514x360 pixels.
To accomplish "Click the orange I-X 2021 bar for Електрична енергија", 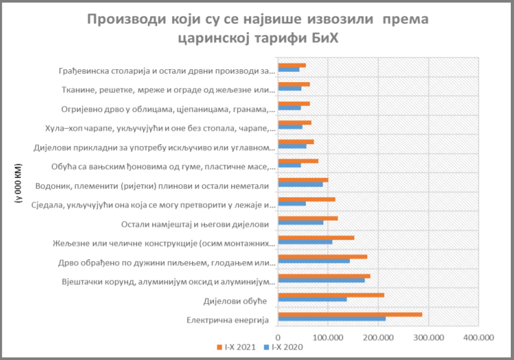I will pos(349,314).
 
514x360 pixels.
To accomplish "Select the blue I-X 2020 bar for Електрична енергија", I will pos(331,319).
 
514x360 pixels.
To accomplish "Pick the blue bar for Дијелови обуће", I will pos(312,300).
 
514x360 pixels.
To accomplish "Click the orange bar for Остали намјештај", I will pos(307,218).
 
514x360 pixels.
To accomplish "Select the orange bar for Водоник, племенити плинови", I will pos(303,180).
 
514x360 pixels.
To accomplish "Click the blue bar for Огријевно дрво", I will pos(289,108).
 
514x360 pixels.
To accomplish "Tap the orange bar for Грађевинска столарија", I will pos(291,65).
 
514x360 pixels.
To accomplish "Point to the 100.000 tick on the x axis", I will pos(328,337).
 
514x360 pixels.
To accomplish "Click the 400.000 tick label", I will pos(478,337).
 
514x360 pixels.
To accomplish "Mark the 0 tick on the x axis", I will pos(277,337).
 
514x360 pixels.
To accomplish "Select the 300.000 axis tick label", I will pos(428,337).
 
